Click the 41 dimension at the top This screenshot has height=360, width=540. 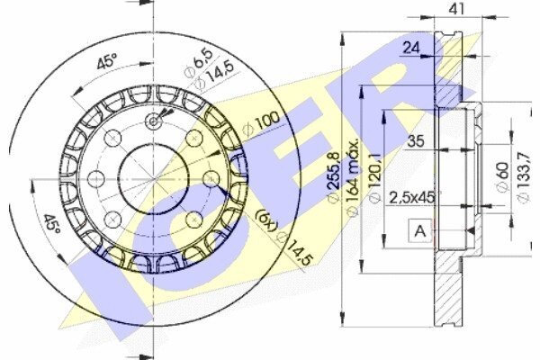tap(456, 9)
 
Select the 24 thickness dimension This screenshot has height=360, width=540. tap(411, 48)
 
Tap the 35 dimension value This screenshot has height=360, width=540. tap(416, 141)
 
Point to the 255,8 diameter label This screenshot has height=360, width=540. tap(335, 176)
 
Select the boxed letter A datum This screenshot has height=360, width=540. tap(419, 230)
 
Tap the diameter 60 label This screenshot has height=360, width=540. tap(503, 176)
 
